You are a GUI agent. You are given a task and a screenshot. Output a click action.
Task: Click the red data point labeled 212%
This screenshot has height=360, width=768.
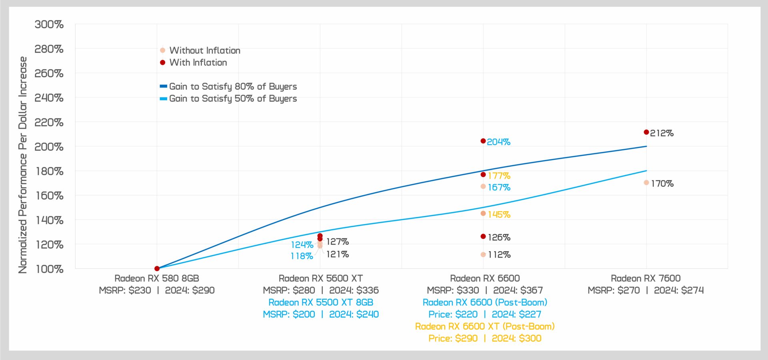pos(646,132)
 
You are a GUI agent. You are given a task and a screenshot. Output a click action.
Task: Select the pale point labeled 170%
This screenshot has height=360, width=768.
pos(646,183)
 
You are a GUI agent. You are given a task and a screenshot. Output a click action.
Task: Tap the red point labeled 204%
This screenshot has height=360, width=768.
pos(483,141)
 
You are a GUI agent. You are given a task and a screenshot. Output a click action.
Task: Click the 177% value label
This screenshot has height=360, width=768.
pos(499,176)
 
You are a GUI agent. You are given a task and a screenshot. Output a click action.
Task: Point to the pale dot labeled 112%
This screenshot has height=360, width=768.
pos(483,254)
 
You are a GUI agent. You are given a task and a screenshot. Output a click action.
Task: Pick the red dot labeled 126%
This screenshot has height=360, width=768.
pos(483,236)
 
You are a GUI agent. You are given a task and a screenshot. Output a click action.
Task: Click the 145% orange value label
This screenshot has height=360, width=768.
pos(499,214)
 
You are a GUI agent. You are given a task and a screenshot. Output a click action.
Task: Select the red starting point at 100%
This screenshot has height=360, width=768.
pos(157,268)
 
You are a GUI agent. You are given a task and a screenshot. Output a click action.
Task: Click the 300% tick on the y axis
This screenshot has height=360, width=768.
pos(49,24)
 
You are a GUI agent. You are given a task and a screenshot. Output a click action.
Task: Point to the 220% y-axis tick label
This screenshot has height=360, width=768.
pos(49,122)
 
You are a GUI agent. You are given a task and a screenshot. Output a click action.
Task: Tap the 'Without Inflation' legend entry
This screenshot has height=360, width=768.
pos(204,50)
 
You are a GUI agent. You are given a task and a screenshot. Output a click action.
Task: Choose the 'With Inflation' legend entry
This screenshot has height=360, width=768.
pos(198,62)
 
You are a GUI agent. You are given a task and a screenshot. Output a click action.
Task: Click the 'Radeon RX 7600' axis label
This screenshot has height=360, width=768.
pos(646,278)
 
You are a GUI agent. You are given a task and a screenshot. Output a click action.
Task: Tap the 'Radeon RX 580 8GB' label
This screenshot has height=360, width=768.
pos(157,278)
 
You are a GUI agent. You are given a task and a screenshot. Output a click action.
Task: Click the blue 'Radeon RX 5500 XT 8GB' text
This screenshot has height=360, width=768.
pos(321,302)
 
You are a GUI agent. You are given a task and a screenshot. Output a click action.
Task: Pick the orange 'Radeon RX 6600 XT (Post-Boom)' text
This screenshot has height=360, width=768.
pos(485,326)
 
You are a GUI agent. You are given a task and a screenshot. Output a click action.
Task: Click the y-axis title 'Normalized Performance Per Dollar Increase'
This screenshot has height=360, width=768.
pos(23,165)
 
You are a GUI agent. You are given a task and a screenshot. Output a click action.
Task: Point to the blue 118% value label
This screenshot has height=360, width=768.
pos(302,256)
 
